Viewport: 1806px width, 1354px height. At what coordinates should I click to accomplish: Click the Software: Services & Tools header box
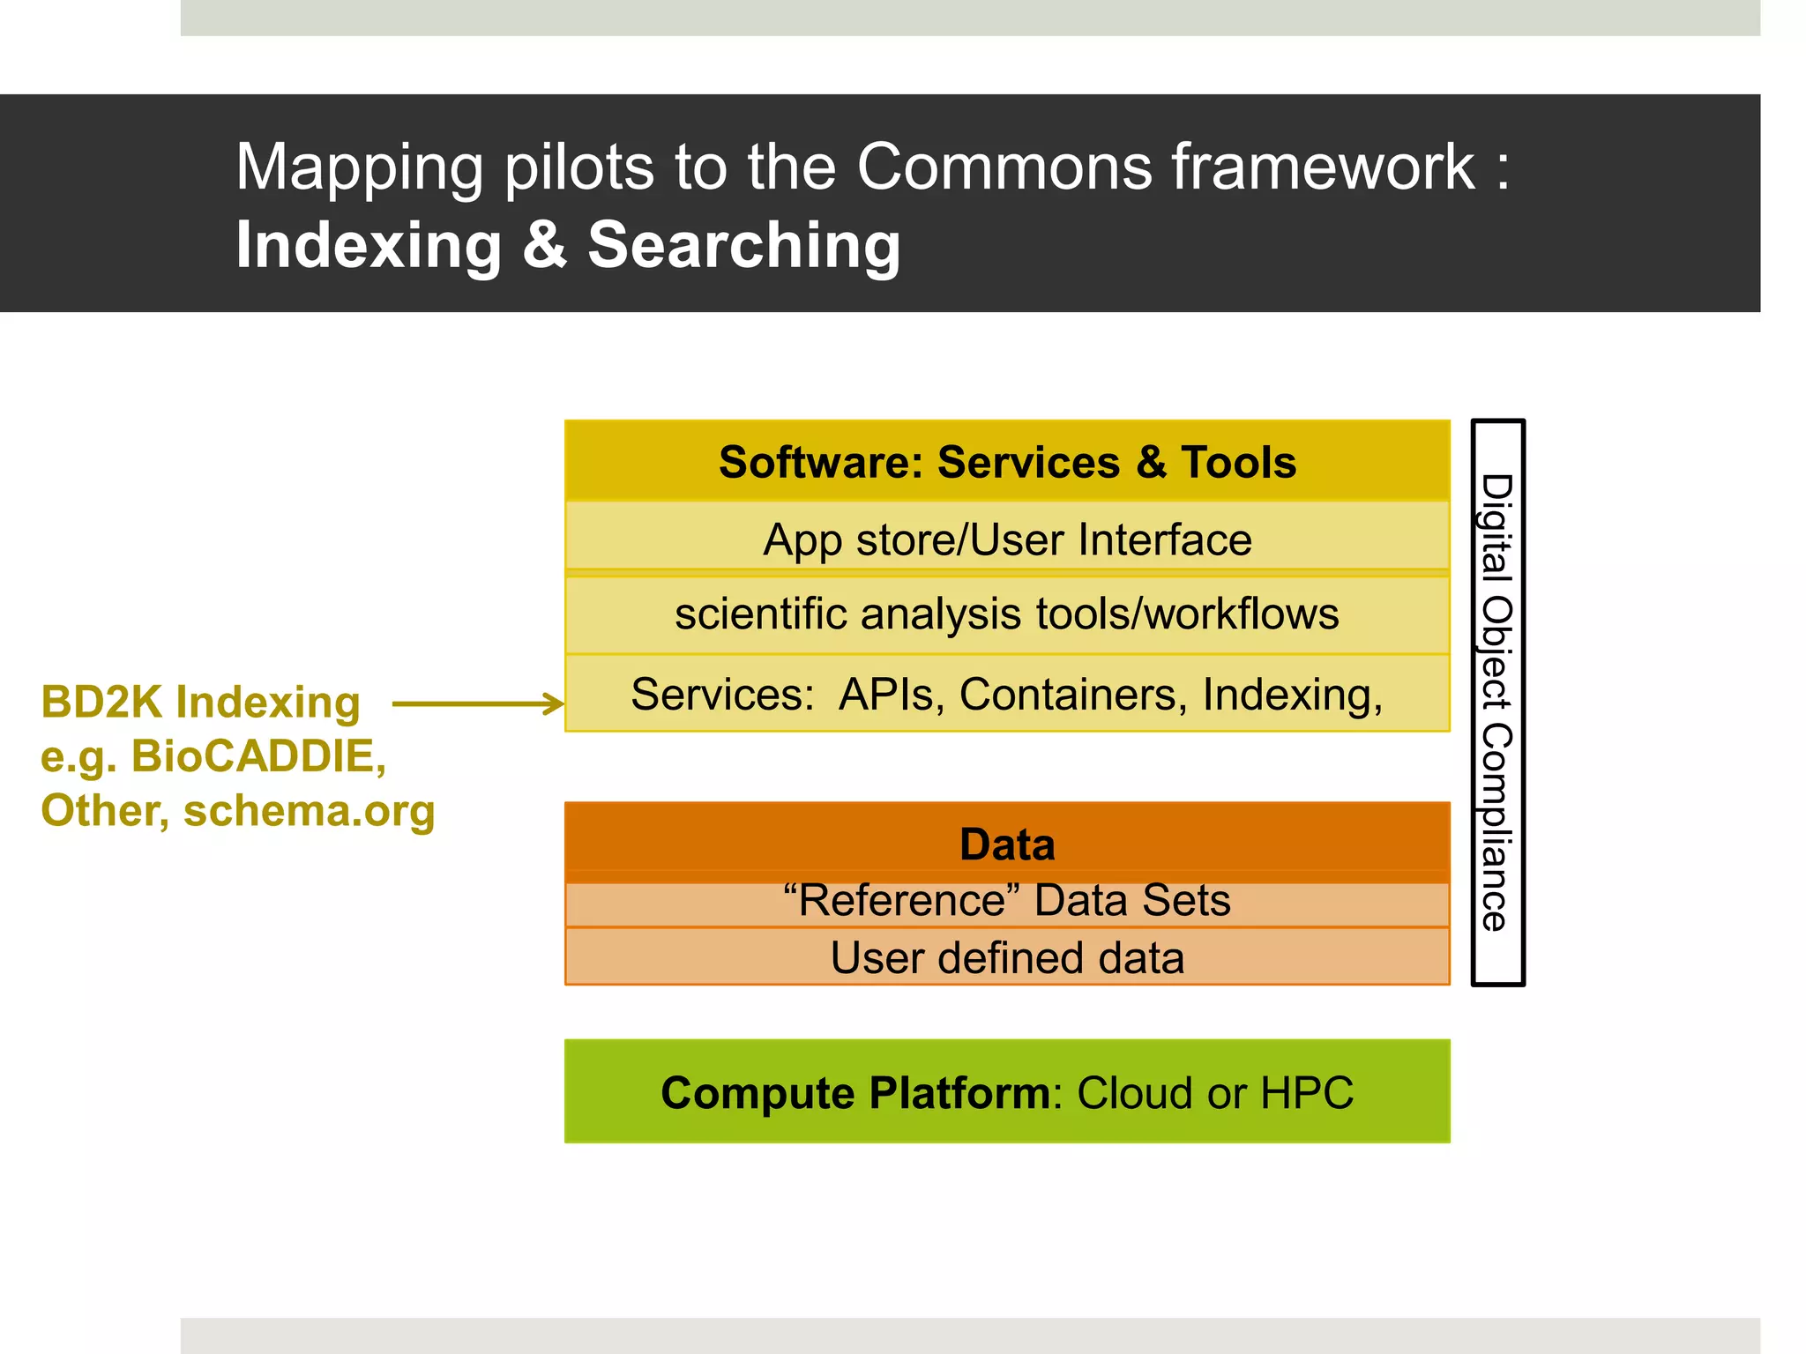tap(1007, 462)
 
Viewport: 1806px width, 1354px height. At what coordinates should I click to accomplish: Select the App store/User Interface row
tap(1007, 539)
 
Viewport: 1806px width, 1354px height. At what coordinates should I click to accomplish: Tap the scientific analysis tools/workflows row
tap(1007, 614)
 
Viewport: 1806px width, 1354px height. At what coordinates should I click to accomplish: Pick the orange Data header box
tap(1007, 843)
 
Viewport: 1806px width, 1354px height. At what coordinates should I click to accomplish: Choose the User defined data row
tap(1007, 958)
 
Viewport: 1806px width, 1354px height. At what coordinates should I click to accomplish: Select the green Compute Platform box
tap(1007, 1092)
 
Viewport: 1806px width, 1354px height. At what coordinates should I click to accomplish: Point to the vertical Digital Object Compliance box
tap(1497, 703)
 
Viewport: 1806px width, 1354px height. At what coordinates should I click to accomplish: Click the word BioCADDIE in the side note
tap(258, 756)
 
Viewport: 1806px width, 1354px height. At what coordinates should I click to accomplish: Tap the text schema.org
tap(309, 811)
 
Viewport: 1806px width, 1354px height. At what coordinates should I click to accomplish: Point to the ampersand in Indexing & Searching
tap(544, 245)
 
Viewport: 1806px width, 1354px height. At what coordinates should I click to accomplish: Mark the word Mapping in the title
tap(359, 168)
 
